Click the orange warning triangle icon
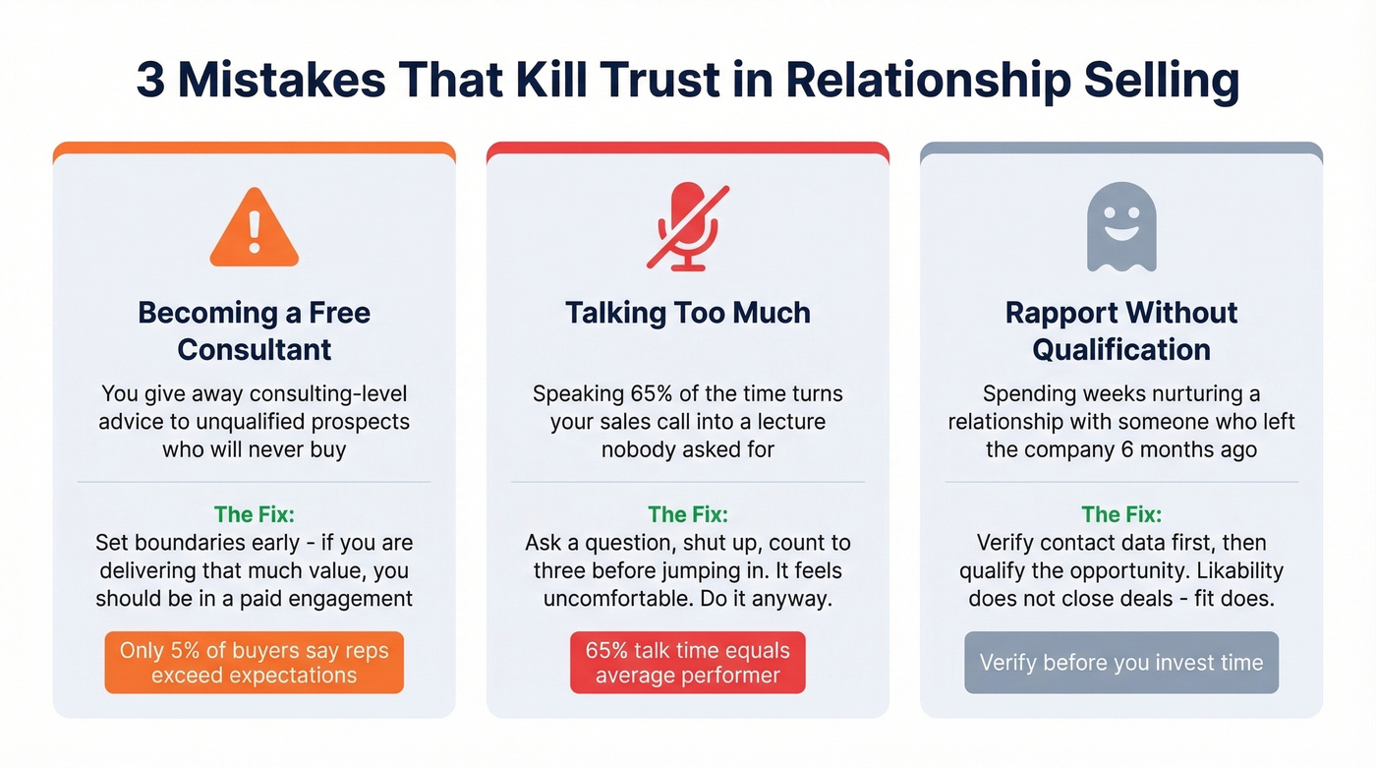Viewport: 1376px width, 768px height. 254,229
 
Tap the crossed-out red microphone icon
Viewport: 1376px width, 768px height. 687,226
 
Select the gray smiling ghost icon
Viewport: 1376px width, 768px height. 1121,226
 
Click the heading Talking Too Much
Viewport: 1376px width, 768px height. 688,313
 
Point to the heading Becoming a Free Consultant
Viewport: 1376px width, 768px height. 255,330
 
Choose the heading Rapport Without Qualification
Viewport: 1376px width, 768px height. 1121,330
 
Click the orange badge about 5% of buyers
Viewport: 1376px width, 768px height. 255,663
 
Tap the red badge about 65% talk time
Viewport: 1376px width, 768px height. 688,663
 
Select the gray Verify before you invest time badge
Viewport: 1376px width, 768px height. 1121,663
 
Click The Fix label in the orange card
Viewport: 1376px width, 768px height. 255,514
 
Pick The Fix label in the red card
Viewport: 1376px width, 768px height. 688,514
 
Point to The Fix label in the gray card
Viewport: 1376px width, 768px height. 1121,514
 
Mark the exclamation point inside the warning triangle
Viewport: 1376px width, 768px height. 254,232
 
